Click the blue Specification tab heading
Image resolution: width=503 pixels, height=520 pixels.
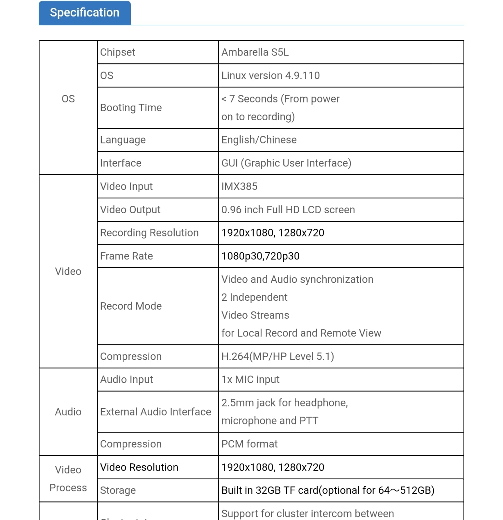click(x=85, y=13)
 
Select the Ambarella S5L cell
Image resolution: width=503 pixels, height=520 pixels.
click(x=255, y=52)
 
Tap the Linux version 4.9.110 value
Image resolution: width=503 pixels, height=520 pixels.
click(x=270, y=75)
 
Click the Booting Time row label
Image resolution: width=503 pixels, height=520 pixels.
click(x=131, y=108)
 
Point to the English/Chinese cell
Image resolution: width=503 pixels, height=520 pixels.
click(x=259, y=140)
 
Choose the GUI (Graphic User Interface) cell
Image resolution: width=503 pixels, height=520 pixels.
click(x=286, y=163)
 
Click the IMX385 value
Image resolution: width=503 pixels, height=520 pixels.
click(x=239, y=186)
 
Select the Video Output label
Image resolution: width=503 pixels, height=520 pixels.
click(x=130, y=210)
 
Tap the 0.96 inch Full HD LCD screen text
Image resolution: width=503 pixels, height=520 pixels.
click(x=288, y=210)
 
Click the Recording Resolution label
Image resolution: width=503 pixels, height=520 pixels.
click(x=149, y=233)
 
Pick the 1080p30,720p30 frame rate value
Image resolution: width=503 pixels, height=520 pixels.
click(x=260, y=256)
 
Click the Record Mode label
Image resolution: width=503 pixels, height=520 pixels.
click(x=131, y=306)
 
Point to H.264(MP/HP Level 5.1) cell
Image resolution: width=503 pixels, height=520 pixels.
click(x=278, y=356)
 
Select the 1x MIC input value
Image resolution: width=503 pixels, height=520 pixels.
click(x=250, y=380)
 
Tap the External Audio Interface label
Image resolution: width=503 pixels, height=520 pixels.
click(x=156, y=412)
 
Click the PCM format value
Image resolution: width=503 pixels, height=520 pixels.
click(x=250, y=444)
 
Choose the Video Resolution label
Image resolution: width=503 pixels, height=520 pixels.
click(x=139, y=467)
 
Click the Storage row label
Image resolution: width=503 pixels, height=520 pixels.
click(x=118, y=490)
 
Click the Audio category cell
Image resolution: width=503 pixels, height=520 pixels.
click(x=68, y=412)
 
